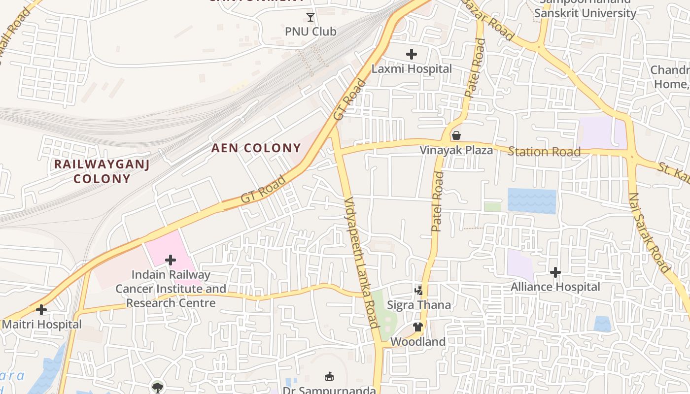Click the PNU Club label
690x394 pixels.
(x=310, y=32)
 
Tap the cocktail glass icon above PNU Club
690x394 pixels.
(x=310, y=18)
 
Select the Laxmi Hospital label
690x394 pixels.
(x=412, y=68)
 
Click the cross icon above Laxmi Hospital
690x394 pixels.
(x=412, y=54)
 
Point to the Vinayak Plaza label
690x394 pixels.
(x=456, y=150)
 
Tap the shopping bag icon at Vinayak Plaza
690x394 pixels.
(x=456, y=135)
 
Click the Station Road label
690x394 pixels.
(x=544, y=152)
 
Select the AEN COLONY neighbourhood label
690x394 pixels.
(x=256, y=148)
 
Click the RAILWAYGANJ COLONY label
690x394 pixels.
(x=102, y=171)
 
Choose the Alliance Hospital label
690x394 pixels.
(x=555, y=287)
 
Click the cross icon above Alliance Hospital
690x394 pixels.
(x=555, y=272)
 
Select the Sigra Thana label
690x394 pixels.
(x=419, y=305)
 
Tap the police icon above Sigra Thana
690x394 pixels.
(x=418, y=290)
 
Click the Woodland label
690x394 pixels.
(x=418, y=341)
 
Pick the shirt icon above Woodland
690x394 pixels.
(x=418, y=327)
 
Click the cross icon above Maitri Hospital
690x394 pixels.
(x=41, y=310)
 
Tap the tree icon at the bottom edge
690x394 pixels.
(x=157, y=388)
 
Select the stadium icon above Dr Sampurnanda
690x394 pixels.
(x=329, y=377)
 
